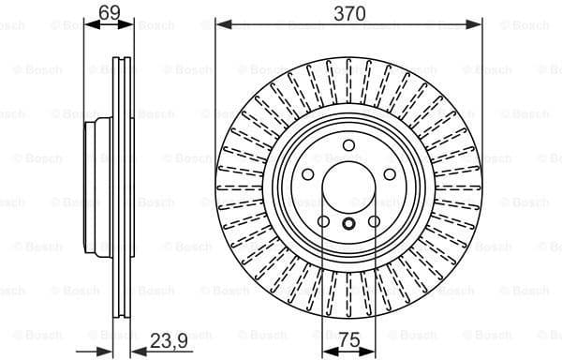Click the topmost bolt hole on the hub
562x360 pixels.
click(x=348, y=145)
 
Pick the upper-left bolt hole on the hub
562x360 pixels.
click(x=306, y=174)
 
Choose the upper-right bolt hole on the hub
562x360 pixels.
click(x=389, y=174)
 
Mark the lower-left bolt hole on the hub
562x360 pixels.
click(x=322, y=222)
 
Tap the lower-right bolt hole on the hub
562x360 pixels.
click(x=373, y=222)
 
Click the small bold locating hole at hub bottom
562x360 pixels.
click(x=348, y=223)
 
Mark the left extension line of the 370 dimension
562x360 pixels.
click(x=215, y=94)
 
